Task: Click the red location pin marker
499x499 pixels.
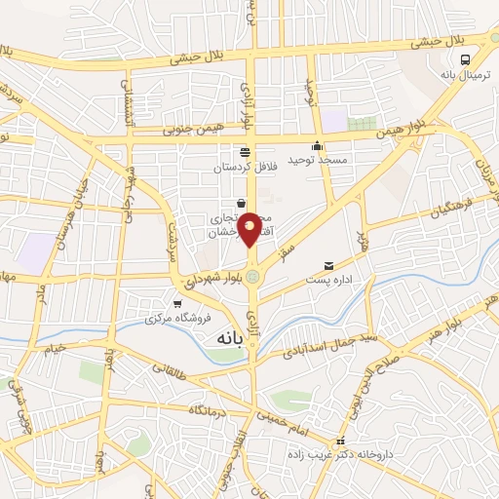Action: (x=250, y=229)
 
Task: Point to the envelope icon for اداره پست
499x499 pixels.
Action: (x=328, y=266)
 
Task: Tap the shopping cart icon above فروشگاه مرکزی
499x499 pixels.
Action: (x=175, y=304)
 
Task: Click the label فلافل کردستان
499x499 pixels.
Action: (x=246, y=167)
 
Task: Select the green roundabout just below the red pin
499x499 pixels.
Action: (x=253, y=277)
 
